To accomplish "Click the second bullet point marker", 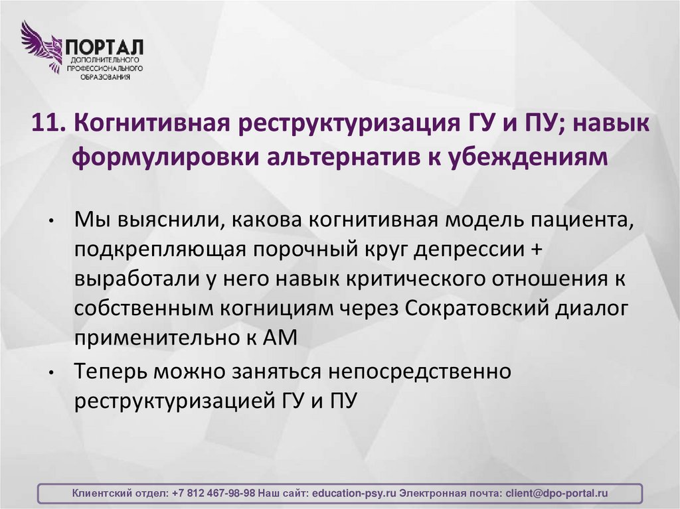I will click(51, 374).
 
